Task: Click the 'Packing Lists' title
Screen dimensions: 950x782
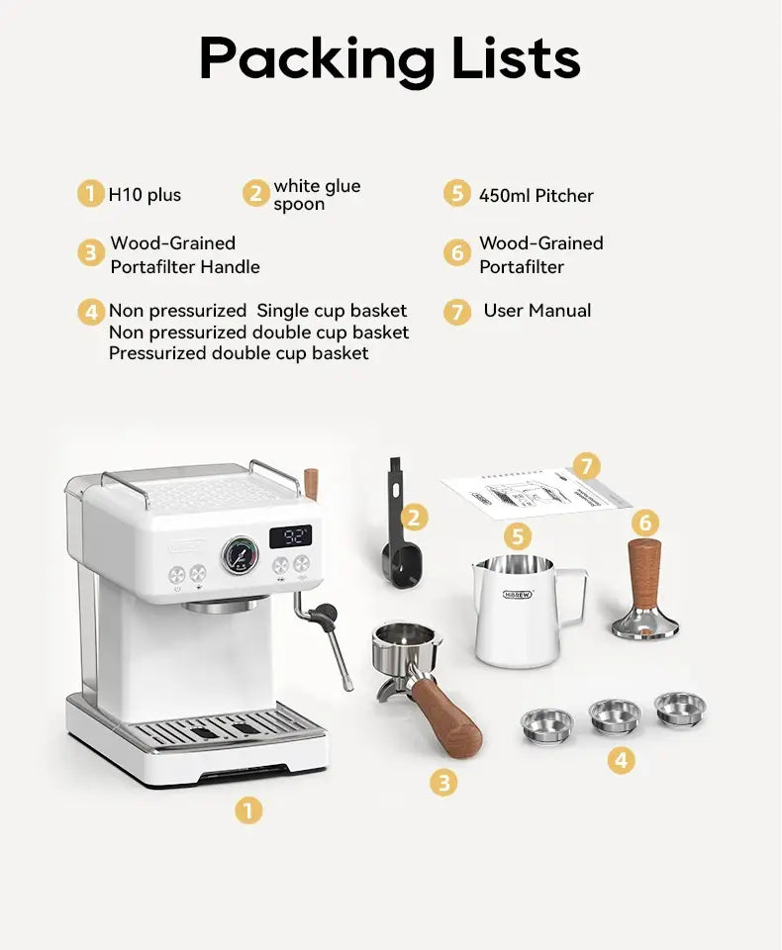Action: coord(389,59)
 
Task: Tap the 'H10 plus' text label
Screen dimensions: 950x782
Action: coord(145,195)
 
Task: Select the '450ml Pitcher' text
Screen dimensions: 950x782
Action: coord(536,195)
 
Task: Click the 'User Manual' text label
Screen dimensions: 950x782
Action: coord(537,311)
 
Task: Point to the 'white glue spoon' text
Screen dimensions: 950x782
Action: coord(316,195)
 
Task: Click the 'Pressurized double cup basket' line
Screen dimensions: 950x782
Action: coord(239,353)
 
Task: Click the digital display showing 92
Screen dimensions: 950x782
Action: coord(291,537)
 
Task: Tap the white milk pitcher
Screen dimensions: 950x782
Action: coord(517,609)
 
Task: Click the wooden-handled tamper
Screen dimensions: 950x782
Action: coord(644,588)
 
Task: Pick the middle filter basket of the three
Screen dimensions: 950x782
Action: coord(614,716)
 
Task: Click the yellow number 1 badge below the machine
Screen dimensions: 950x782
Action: coord(248,811)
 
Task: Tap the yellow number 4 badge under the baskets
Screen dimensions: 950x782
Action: coord(621,760)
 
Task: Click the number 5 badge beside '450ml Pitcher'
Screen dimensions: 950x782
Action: coord(456,193)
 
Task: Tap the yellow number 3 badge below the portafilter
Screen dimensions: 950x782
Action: coord(443,783)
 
